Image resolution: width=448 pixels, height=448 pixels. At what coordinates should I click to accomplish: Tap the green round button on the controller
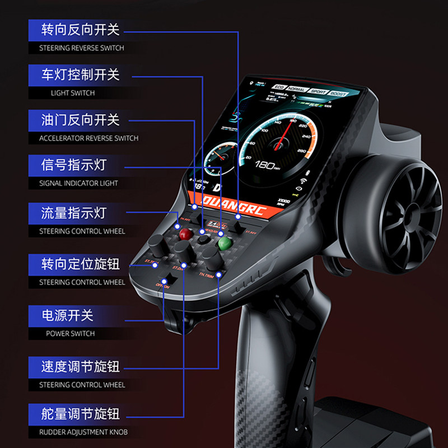(225, 244)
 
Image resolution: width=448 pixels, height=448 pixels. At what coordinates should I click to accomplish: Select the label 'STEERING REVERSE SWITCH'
(81, 48)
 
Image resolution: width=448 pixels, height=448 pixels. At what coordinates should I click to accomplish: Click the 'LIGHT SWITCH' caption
(73, 93)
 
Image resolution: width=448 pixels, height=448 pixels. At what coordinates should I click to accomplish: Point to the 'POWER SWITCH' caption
(71, 334)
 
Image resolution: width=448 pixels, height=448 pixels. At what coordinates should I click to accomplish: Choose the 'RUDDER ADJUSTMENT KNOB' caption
(83, 432)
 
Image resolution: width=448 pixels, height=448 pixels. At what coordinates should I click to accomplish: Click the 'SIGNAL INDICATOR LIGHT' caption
(78, 183)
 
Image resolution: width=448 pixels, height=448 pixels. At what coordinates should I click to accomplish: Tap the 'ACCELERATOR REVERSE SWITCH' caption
(88, 138)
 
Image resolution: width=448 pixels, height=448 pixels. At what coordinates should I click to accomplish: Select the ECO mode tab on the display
(278, 87)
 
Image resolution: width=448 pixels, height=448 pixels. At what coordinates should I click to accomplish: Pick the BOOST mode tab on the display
(338, 94)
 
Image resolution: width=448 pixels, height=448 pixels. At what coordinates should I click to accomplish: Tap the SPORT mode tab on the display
(318, 91)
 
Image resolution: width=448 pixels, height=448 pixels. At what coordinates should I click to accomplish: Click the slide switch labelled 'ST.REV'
(240, 227)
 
